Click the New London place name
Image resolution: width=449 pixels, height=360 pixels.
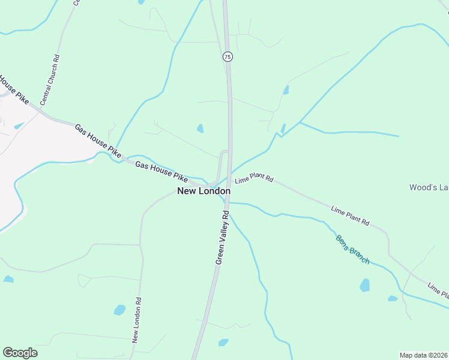coord(203,191)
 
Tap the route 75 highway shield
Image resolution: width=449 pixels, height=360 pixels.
coord(227,56)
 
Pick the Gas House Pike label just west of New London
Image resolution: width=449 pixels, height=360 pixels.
coord(161,171)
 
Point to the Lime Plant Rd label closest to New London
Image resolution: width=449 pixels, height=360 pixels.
coord(254,179)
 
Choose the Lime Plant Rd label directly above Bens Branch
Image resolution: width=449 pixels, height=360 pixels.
coord(350,216)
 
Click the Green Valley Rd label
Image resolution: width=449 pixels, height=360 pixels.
coord(222,238)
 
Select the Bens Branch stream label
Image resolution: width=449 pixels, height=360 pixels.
coord(352,248)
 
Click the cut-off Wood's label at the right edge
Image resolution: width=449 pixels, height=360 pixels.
coord(429,187)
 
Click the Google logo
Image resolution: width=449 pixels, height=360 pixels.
coord(20,352)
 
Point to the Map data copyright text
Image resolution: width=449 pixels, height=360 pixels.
coord(423,355)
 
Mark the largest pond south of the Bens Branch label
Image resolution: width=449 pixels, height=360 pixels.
coord(365,285)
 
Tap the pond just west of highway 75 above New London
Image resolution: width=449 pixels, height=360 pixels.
coord(200,128)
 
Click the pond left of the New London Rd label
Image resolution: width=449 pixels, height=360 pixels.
coord(119,310)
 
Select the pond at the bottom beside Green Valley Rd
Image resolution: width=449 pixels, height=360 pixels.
coord(223,343)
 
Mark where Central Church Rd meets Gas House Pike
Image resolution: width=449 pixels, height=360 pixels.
coord(43,112)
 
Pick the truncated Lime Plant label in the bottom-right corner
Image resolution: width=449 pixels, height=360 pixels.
coord(438,290)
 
